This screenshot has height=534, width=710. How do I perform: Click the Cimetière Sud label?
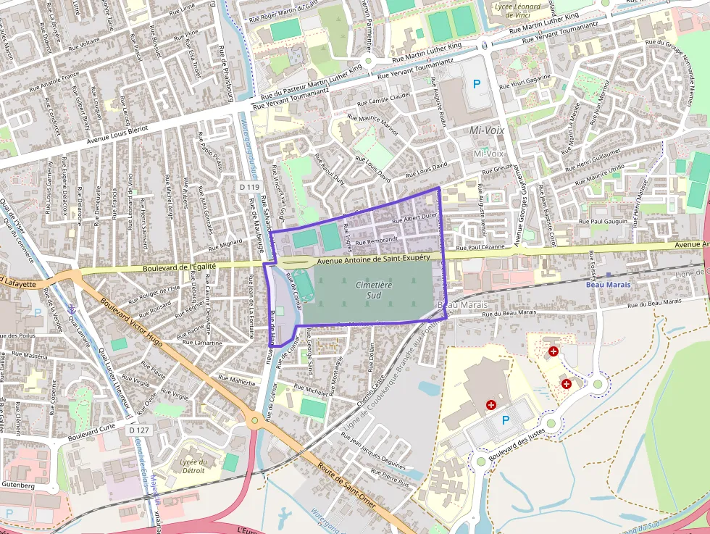tap(374, 290)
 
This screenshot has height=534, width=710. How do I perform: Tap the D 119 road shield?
tap(248, 187)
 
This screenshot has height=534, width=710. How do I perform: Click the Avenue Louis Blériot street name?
tap(117, 132)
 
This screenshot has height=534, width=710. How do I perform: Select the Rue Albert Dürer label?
tap(414, 217)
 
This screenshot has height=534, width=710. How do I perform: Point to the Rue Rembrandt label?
tap(377, 239)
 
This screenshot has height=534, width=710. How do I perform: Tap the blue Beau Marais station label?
tap(608, 285)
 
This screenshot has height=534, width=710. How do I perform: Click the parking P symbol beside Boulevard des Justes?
tap(506, 420)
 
